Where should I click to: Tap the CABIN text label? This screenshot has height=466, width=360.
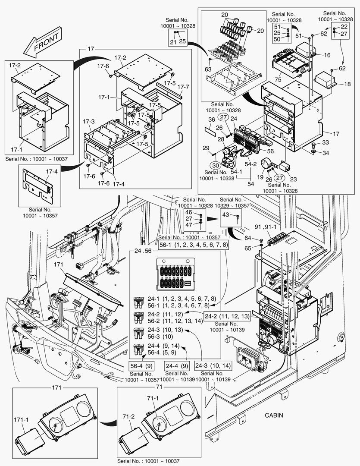pos(274,416)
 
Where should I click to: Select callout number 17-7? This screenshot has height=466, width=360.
pos(183,87)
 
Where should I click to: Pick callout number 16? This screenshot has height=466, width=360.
pos(327,55)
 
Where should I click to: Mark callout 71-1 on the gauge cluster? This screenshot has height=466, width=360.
pos(153,397)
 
